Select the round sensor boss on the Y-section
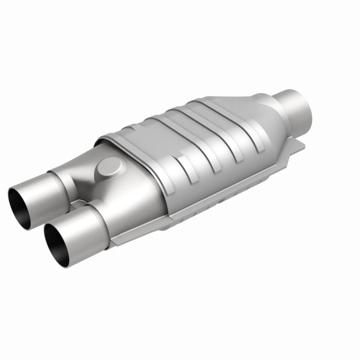click(x=109, y=168)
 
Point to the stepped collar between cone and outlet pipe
click(x=265, y=101)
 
